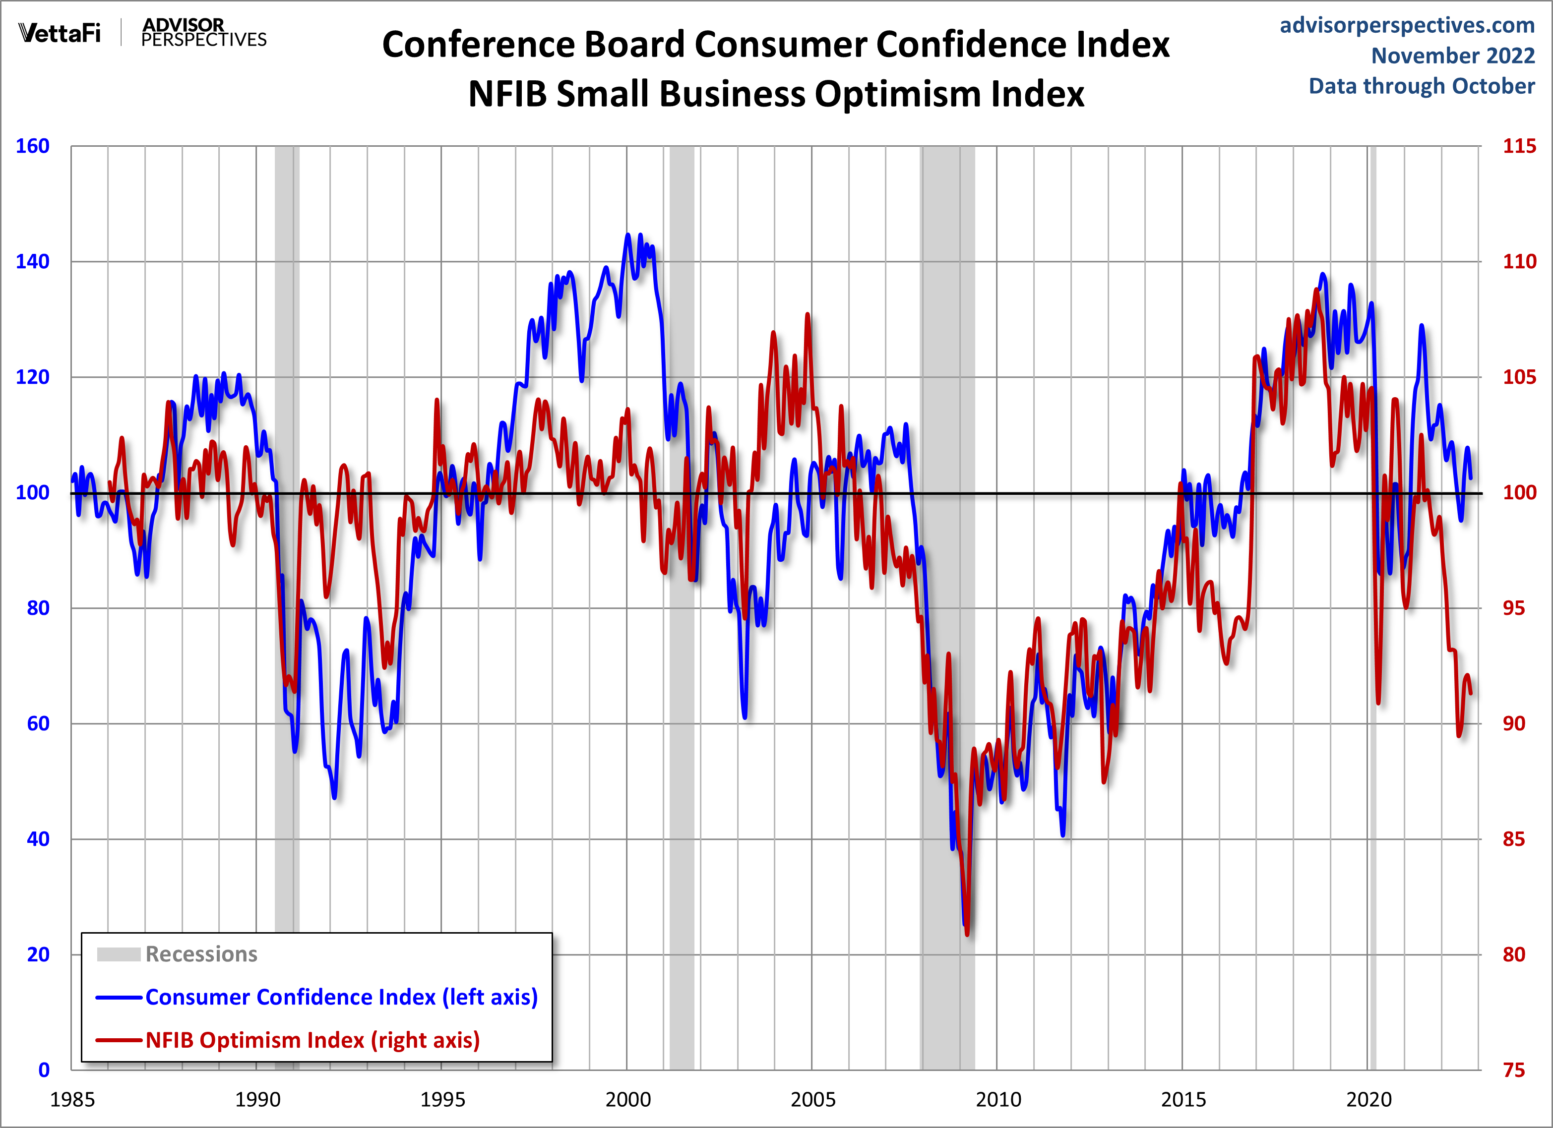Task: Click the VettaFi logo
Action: tap(60, 32)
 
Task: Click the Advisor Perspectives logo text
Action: tap(203, 32)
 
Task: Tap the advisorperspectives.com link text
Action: tap(1407, 25)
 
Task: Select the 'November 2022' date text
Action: tap(1452, 56)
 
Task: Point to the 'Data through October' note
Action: tap(1422, 86)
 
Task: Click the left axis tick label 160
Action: tap(32, 146)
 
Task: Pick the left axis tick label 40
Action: tap(38, 838)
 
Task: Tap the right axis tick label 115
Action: tap(1519, 146)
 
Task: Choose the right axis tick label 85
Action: tap(1514, 838)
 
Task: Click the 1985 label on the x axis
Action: tap(72, 1100)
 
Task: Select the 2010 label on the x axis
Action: tap(997, 1100)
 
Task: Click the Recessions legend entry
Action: tap(201, 954)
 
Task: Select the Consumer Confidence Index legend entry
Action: tap(341, 997)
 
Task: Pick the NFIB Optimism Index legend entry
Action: tap(312, 1040)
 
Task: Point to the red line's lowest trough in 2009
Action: tap(967, 934)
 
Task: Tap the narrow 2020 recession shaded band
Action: tap(1372, 616)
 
